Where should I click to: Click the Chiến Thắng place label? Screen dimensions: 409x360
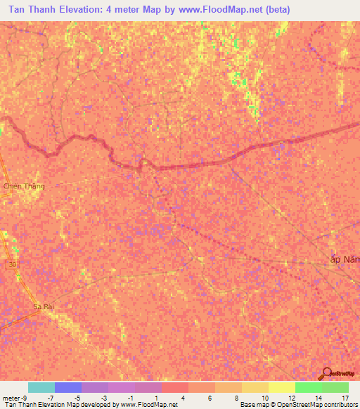coord(24,186)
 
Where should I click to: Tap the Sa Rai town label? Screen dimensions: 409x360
coord(44,307)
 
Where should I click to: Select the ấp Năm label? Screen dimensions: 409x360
coord(345,259)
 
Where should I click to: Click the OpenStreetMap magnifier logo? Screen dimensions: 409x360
coord(326,374)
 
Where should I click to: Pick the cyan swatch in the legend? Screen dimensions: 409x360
coord(41,387)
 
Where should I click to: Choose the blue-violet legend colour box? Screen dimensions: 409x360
coord(67,387)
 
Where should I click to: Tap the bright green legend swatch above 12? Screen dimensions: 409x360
coord(308,387)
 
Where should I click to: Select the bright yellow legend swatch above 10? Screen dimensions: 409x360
coord(281,387)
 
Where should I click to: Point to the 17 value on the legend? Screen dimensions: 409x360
coord(345,398)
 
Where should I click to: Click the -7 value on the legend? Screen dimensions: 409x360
coord(50,398)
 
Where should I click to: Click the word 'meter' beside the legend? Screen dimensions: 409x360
coord(11,398)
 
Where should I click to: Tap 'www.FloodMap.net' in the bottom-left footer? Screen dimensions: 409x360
coord(149,405)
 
